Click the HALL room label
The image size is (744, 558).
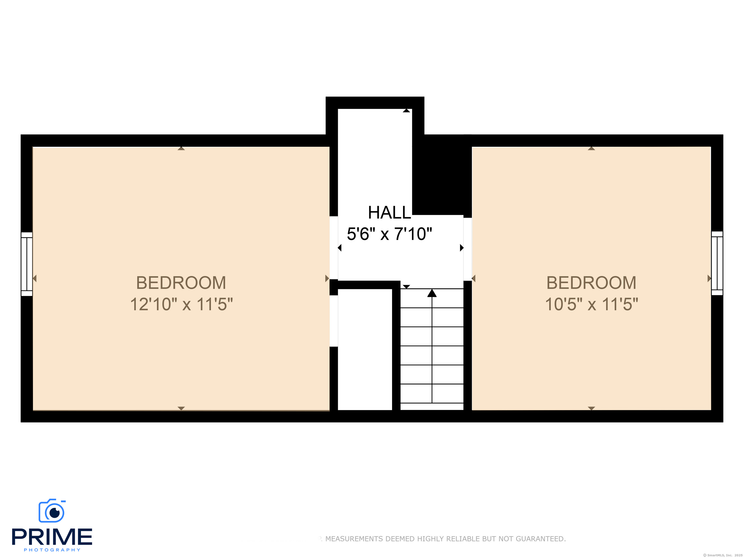click(x=389, y=213)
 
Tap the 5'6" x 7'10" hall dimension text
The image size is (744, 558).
click(x=389, y=234)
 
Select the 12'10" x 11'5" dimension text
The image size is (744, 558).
click(x=181, y=304)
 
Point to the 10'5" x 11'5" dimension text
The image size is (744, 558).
click(x=591, y=304)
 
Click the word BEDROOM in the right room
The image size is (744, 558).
click(x=591, y=283)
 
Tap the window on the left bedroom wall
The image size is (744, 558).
click(x=27, y=264)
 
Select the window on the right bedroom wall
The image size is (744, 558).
click(x=717, y=263)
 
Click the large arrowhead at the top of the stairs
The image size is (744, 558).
click(x=432, y=293)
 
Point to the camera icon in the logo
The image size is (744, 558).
click(x=52, y=511)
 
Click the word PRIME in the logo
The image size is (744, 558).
click(x=52, y=537)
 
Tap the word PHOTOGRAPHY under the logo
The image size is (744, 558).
click(x=52, y=550)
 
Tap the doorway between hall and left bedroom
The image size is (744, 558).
click(x=334, y=248)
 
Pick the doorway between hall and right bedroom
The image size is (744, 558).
click(x=467, y=249)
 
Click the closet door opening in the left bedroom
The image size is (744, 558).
click(x=334, y=321)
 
